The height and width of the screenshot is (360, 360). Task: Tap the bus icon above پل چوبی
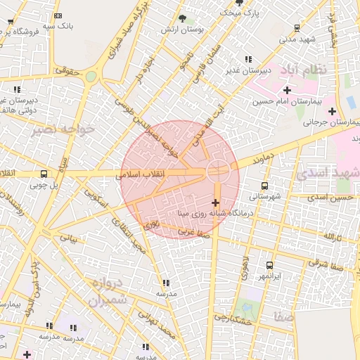(x=44, y=174)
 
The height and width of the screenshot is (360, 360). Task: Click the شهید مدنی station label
(x=297, y=39)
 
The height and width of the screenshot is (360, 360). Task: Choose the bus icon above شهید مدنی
(x=297, y=28)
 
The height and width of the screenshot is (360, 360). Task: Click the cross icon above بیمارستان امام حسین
(x=287, y=90)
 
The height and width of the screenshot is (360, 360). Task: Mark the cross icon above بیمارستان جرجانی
(x=332, y=110)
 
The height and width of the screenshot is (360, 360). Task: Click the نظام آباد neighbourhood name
(x=304, y=70)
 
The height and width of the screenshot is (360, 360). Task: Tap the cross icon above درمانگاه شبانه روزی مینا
(x=215, y=203)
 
